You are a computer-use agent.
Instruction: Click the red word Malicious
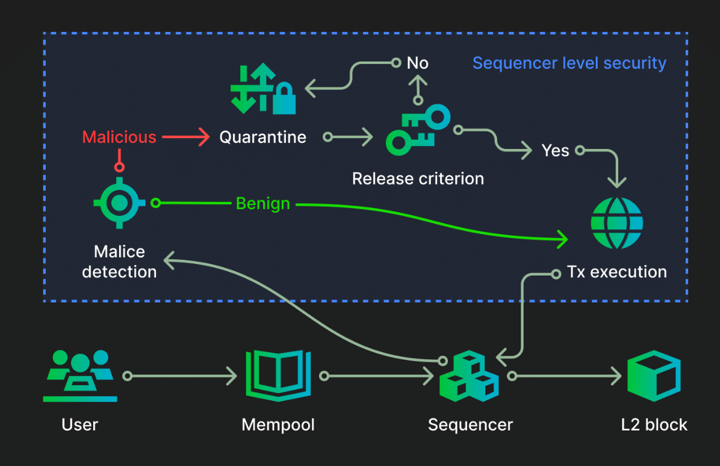[x=119, y=137]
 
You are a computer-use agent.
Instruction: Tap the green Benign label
[x=262, y=203]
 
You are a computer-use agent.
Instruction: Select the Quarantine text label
[x=262, y=137]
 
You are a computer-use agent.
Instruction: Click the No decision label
[x=417, y=63]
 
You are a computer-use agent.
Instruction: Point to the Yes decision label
[x=555, y=151]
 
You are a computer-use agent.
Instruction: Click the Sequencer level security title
[x=569, y=63]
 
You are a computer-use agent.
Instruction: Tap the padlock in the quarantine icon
[x=284, y=98]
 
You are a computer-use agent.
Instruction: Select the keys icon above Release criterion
[x=418, y=130]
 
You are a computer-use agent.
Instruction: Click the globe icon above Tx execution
[x=616, y=223]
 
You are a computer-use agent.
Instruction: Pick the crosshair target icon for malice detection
[x=119, y=203]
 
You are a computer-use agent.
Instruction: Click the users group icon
[x=80, y=376]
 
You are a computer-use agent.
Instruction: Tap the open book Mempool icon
[x=278, y=376]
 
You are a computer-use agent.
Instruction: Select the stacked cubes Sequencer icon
[x=469, y=376]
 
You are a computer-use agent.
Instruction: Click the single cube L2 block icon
[x=654, y=376]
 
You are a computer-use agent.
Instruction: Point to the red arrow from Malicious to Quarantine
[x=185, y=137]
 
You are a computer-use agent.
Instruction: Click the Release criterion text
[x=418, y=178]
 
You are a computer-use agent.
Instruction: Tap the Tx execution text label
[x=616, y=272]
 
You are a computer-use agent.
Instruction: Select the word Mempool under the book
[x=278, y=424]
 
